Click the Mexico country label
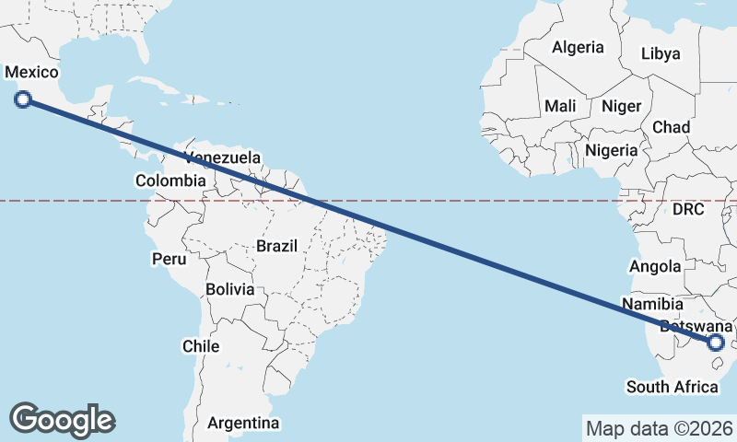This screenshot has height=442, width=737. point(31,73)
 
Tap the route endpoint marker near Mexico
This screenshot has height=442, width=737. point(24,99)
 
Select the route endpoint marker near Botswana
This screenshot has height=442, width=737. point(716,343)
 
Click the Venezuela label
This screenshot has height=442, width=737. point(222,157)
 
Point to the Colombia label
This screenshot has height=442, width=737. point(170,180)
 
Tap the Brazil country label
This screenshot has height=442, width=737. point(276,246)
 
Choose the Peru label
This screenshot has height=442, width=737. point(170,259)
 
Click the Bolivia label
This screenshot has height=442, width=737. point(229,288)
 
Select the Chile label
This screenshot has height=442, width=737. point(201,346)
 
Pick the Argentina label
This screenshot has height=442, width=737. point(243,423)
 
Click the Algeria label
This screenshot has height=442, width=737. point(578,47)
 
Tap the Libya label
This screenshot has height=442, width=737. point(660,54)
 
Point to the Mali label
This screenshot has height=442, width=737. point(560,106)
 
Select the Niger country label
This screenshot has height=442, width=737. point(621,106)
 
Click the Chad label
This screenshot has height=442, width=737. point(671,126)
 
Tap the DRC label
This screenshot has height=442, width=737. point(687,209)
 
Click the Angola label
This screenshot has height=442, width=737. point(655,266)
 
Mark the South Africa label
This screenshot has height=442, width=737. point(672,387)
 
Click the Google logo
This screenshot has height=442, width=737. point(62,420)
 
